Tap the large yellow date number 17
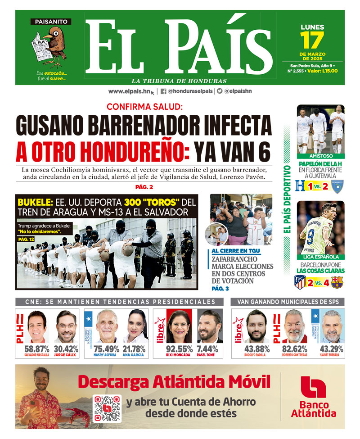point(312,41)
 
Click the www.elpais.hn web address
point(129,91)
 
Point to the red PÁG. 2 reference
point(144,187)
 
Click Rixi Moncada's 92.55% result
point(180,348)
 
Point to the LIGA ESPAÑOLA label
point(320,257)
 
